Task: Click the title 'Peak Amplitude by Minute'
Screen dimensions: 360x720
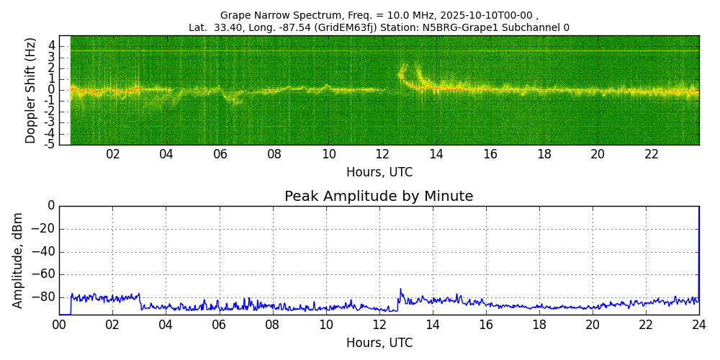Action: [379, 197]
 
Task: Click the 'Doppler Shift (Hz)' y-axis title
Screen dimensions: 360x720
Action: [31, 90]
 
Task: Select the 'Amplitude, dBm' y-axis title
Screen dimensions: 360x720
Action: [19, 260]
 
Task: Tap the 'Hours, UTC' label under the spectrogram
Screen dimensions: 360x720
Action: [379, 173]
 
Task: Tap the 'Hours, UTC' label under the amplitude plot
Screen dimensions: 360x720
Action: [379, 343]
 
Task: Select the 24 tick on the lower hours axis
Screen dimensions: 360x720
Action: [699, 325]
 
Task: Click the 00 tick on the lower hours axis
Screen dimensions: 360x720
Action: [59, 325]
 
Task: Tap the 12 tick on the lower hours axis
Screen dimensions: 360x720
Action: [379, 325]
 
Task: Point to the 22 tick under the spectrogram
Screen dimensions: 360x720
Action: [652, 155]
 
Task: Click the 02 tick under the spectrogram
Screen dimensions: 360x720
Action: [113, 155]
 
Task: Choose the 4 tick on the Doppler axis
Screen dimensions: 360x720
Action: [51, 45]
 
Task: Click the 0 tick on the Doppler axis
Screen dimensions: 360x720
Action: [51, 90]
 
